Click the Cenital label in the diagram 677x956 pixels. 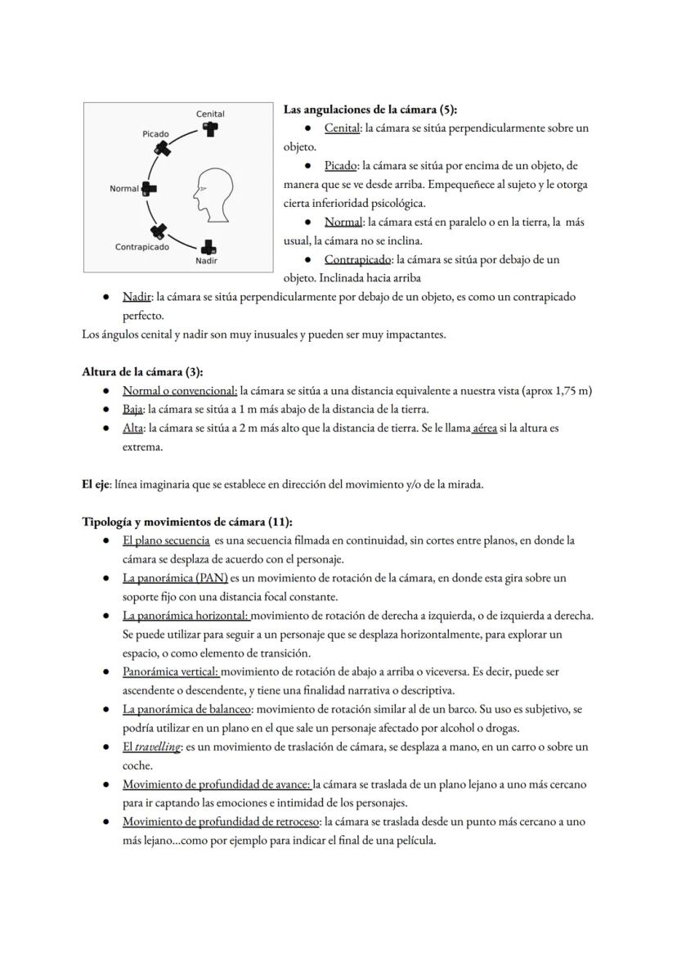tap(210, 114)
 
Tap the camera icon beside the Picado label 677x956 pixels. tap(164, 148)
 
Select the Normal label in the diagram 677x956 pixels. tap(124, 189)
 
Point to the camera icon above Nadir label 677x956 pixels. tap(209, 246)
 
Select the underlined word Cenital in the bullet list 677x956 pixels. tap(342, 128)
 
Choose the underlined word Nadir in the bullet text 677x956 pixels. tap(136, 297)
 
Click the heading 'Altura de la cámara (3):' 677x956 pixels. tap(142, 372)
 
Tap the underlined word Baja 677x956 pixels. tap(132, 409)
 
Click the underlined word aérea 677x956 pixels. tap(485, 428)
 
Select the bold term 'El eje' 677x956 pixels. tap(95, 484)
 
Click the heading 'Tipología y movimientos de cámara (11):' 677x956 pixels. tap(187, 522)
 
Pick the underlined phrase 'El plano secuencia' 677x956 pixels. tap(166, 541)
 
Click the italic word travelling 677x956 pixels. tap(157, 747)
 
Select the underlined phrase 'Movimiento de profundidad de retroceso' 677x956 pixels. tap(221, 822)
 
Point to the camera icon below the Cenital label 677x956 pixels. tap(211, 129)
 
